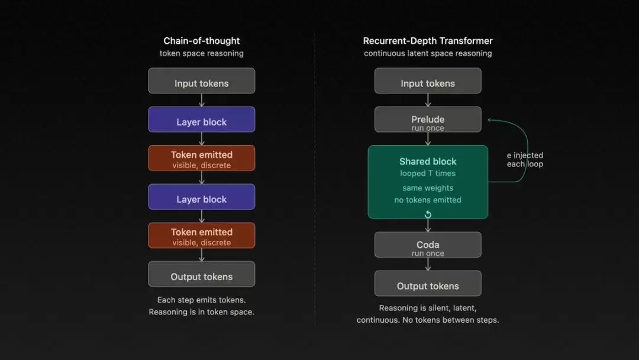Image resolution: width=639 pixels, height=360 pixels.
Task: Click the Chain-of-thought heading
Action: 201,41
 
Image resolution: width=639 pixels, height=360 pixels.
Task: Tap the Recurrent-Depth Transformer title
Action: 428,41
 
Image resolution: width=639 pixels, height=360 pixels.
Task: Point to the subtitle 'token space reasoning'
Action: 201,53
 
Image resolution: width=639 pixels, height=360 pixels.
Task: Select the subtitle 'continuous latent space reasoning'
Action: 428,53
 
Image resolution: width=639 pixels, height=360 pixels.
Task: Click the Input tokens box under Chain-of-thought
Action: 201,81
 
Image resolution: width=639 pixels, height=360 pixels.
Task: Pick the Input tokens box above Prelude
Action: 428,81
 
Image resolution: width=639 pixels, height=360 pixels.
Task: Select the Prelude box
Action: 428,120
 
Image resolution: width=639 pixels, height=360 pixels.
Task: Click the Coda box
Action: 428,245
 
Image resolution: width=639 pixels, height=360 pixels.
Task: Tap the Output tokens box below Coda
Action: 428,284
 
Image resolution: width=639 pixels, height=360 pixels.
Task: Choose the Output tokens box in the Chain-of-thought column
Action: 201,275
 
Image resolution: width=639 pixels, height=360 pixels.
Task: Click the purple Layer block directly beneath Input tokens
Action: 201,120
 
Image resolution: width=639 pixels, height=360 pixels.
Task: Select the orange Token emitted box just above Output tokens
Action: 201,236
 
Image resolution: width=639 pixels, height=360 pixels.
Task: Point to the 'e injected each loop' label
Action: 525,160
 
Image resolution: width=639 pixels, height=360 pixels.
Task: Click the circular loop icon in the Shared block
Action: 428,214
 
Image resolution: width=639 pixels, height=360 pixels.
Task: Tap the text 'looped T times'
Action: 428,173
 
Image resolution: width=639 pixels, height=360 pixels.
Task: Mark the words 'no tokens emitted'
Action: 428,200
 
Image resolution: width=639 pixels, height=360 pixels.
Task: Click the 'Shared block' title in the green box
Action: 428,161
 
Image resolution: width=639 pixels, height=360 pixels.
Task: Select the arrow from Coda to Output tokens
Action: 428,264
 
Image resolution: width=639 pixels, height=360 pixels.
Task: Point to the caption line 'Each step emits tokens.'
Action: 201,300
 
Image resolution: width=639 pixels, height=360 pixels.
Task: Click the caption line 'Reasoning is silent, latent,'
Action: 428,308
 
